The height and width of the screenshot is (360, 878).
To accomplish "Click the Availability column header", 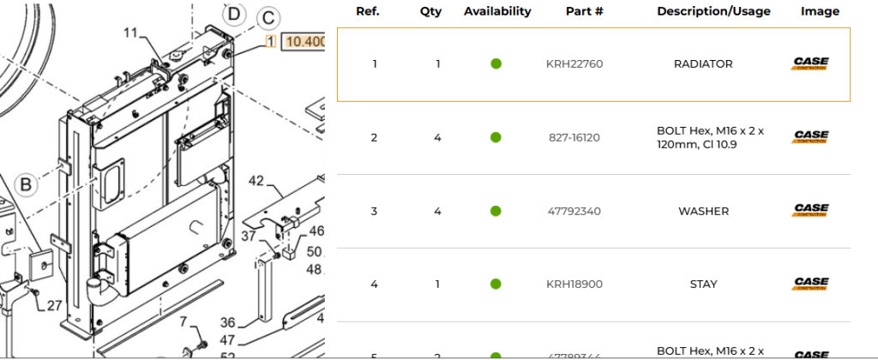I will click(x=497, y=12).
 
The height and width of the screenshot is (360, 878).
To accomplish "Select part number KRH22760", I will click(x=574, y=64).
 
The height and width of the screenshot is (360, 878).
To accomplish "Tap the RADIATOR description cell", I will click(x=703, y=64).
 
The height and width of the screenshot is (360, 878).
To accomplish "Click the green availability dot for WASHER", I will click(x=496, y=211).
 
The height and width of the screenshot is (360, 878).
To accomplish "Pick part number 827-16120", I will click(x=574, y=137).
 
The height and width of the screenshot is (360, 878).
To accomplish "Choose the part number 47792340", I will click(x=574, y=211).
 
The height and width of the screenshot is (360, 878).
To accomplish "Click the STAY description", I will click(x=703, y=284).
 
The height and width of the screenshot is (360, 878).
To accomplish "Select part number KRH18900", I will click(x=574, y=284).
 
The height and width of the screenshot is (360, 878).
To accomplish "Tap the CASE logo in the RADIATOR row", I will click(x=809, y=64).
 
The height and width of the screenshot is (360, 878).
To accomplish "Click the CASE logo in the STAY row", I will click(x=809, y=284).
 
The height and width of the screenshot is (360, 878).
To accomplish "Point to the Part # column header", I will click(x=585, y=12).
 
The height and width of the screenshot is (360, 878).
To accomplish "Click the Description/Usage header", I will click(x=713, y=12).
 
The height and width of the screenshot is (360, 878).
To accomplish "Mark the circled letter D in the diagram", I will click(x=233, y=13).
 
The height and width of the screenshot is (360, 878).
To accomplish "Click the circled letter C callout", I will click(x=268, y=18).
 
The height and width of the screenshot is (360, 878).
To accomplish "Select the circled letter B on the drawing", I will click(x=27, y=183).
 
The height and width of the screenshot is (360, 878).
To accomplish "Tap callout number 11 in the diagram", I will click(x=130, y=33).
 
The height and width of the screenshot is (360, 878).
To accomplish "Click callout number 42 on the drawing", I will click(x=256, y=181).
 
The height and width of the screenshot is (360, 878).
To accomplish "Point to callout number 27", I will click(x=54, y=305).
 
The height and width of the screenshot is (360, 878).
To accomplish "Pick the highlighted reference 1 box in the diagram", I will click(x=270, y=41).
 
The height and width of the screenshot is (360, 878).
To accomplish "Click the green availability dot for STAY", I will click(x=496, y=284).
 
